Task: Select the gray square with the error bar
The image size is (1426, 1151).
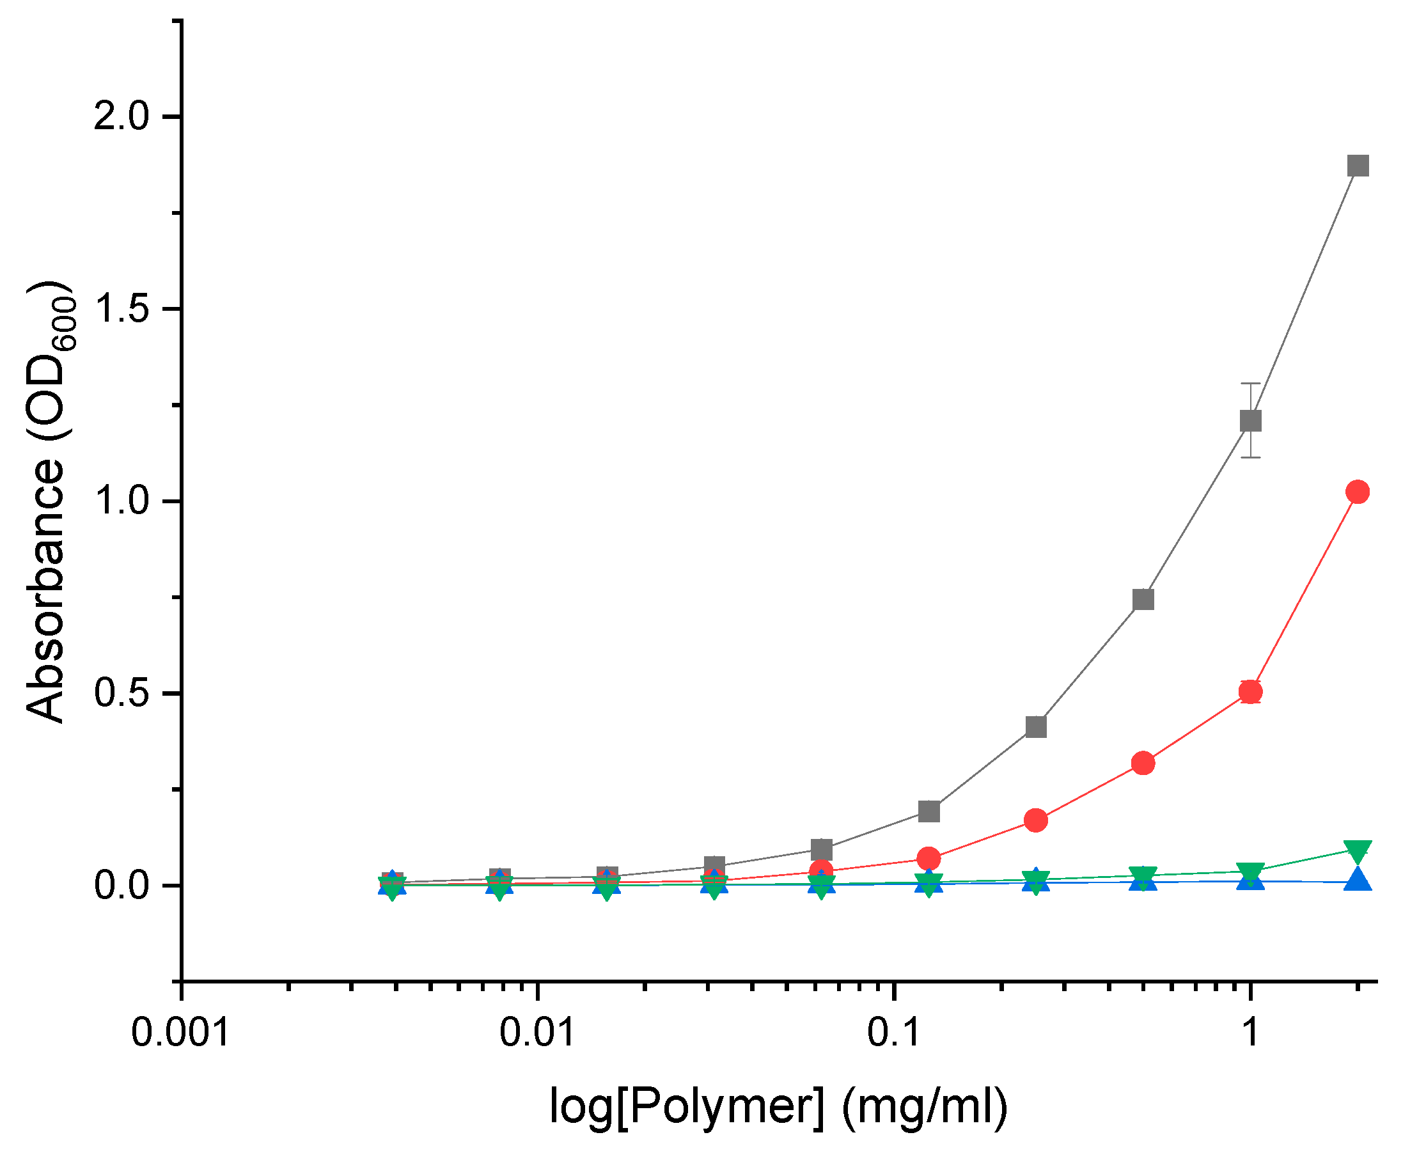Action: point(1250,420)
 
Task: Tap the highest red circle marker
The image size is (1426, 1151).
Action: point(1358,492)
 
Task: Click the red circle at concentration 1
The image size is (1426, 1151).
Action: point(1250,691)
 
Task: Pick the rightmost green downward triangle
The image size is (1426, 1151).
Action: point(1358,850)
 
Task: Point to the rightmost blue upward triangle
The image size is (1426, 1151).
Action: point(1358,879)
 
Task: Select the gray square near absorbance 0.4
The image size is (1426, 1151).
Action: point(1035,726)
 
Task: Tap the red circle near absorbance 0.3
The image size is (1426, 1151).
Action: point(1143,763)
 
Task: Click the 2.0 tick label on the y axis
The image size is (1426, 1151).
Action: point(120,116)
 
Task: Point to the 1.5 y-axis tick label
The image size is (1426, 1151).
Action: point(120,309)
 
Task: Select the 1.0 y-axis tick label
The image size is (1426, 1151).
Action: point(120,501)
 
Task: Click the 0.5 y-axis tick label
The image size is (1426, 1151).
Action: point(120,694)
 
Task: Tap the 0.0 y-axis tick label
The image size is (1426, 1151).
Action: point(120,886)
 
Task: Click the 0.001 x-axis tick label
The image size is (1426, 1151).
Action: point(180,1033)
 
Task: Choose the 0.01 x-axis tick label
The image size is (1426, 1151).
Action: point(537,1033)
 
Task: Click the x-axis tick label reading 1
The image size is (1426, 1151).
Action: point(1250,1033)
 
